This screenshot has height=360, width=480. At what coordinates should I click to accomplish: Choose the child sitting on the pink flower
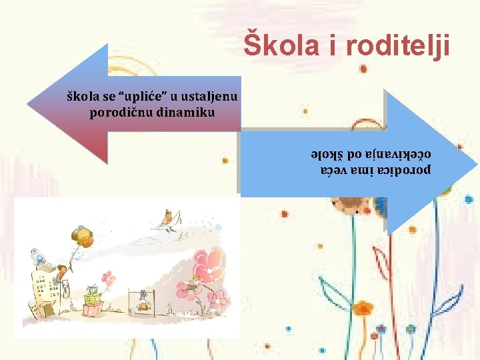point(192,285)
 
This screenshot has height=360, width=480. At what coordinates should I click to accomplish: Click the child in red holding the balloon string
point(63,272)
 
